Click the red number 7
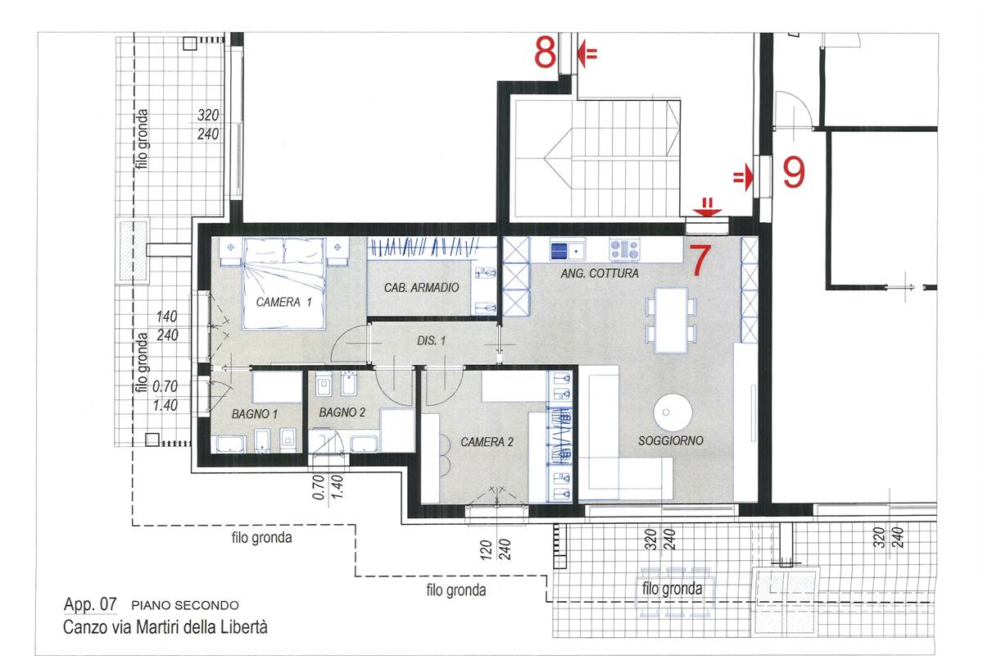point(697,260)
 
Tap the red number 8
point(546,53)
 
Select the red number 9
point(793,173)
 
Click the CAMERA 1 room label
point(284,302)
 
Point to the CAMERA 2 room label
point(487,442)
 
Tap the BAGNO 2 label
point(342,412)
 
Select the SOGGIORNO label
point(671,440)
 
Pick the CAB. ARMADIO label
point(421,288)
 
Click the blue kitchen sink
point(565,248)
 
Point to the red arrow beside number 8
point(587,54)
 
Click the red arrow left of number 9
point(743,175)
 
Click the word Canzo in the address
point(83,628)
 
